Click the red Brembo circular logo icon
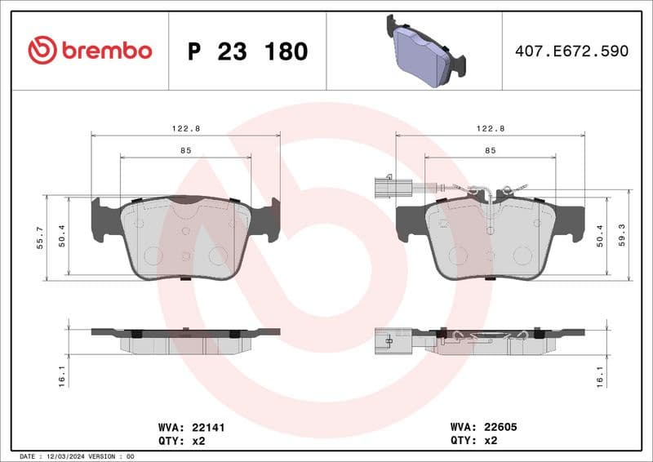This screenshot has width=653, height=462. pos(42,51)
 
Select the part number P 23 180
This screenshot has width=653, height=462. pos(247,51)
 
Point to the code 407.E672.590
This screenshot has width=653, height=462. pos(571,51)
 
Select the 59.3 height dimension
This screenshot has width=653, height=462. pos(623,236)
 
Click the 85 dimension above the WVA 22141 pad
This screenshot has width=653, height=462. pos(185,150)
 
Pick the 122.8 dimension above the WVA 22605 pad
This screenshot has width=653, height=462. pos(490,129)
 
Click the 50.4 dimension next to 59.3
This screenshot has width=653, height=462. pos(601,236)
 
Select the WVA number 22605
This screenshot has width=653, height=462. pos(500,426)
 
